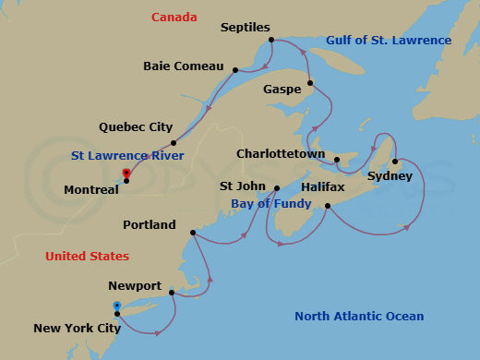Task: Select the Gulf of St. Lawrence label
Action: [389, 41]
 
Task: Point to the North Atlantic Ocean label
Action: [359, 317]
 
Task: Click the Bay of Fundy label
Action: [258, 203]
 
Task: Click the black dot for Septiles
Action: [270, 40]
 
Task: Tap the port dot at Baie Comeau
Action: [235, 70]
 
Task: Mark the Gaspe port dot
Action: [310, 84]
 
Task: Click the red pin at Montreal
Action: [126, 174]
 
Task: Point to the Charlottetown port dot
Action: [337, 161]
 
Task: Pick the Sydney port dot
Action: [395, 162]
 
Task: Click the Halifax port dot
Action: [328, 206]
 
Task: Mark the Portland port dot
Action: [192, 233]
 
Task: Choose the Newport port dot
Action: [172, 294]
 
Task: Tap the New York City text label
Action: [78, 328]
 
